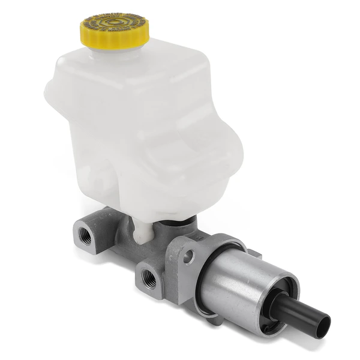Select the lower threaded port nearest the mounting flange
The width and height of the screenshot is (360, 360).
pyautogui.click(x=148, y=277)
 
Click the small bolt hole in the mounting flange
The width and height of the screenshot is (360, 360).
pyautogui.click(x=189, y=257)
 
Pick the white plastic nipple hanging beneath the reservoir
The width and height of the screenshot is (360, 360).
pyautogui.click(x=142, y=231)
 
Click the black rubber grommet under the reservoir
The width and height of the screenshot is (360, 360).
pyautogui.click(x=174, y=222)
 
